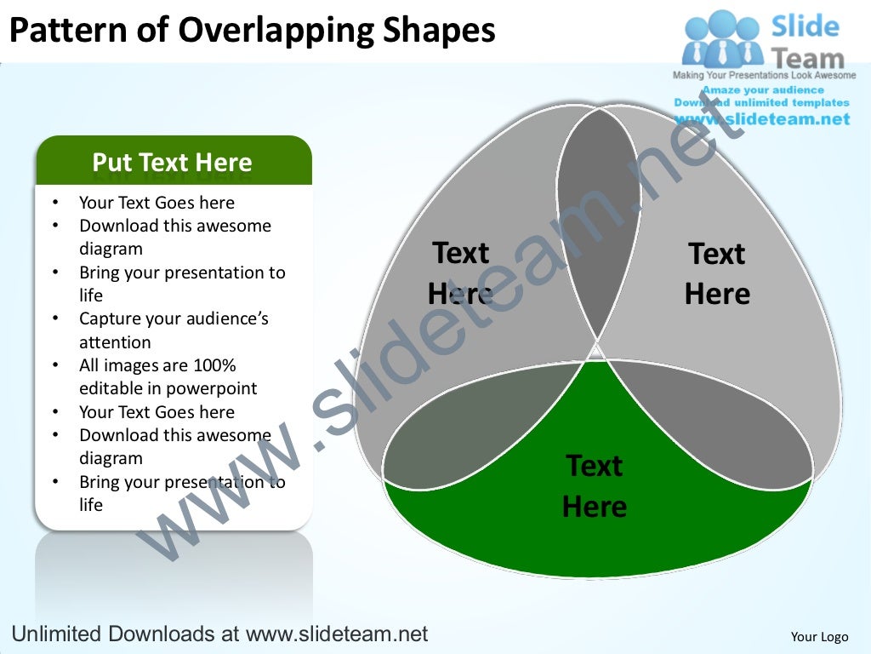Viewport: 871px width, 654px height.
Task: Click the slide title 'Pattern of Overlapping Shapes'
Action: click(252, 31)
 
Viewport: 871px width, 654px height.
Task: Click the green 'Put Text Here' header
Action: click(173, 162)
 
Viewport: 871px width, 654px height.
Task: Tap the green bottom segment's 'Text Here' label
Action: click(595, 486)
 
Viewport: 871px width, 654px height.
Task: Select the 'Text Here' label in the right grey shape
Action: click(717, 273)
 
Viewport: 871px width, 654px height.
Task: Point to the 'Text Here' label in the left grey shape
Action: click(460, 272)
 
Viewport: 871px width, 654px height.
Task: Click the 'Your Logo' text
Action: click(819, 636)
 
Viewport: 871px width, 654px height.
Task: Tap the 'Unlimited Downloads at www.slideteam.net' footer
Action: click(218, 634)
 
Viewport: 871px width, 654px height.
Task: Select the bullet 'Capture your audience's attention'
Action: click(174, 330)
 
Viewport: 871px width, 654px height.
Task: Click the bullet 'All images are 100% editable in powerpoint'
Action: click(168, 377)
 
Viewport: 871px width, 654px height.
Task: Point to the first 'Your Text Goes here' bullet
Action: click(157, 203)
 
